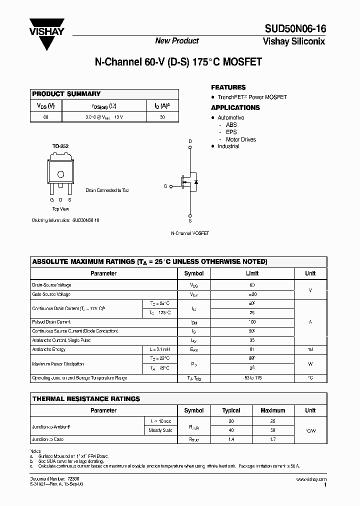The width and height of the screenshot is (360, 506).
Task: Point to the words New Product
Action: click(x=176, y=40)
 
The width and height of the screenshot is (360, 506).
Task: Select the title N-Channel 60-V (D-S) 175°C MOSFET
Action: click(x=178, y=63)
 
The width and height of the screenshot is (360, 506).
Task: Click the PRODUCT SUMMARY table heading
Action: click(x=66, y=94)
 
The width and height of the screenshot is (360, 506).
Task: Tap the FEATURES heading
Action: click(x=228, y=87)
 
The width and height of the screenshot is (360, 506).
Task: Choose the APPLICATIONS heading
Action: click(x=235, y=107)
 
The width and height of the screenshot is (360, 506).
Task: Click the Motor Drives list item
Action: click(x=240, y=139)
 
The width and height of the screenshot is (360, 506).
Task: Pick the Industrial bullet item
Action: click(x=228, y=146)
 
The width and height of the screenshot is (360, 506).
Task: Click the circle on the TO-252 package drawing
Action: click(x=61, y=174)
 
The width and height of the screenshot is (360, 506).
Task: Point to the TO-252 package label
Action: click(x=60, y=146)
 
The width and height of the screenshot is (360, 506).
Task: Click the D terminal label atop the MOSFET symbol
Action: click(x=189, y=141)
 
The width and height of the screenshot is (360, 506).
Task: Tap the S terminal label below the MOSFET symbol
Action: click(x=189, y=220)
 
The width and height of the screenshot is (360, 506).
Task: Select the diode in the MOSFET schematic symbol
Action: click(x=195, y=182)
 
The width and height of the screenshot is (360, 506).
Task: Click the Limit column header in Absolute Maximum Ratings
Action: click(x=252, y=273)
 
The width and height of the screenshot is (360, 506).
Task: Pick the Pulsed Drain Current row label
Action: click(x=51, y=322)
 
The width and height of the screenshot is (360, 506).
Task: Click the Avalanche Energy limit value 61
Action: click(x=252, y=349)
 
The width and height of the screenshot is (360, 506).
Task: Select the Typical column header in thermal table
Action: click(x=231, y=410)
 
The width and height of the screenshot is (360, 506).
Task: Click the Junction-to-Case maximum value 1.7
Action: click(x=272, y=439)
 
